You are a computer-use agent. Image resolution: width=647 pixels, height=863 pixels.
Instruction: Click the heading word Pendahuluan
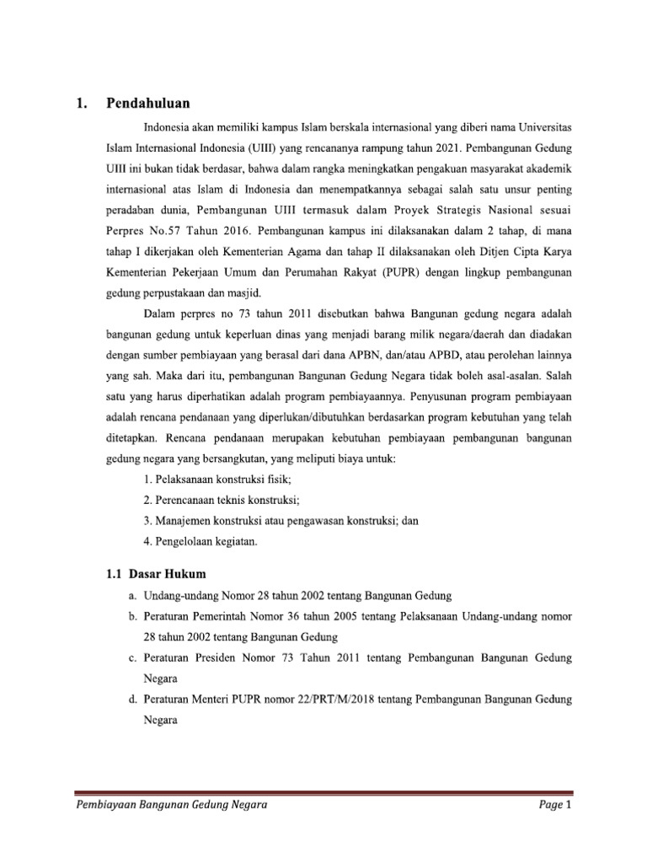click(148, 104)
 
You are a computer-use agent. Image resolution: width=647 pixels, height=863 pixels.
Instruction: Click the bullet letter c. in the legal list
click(133, 657)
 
